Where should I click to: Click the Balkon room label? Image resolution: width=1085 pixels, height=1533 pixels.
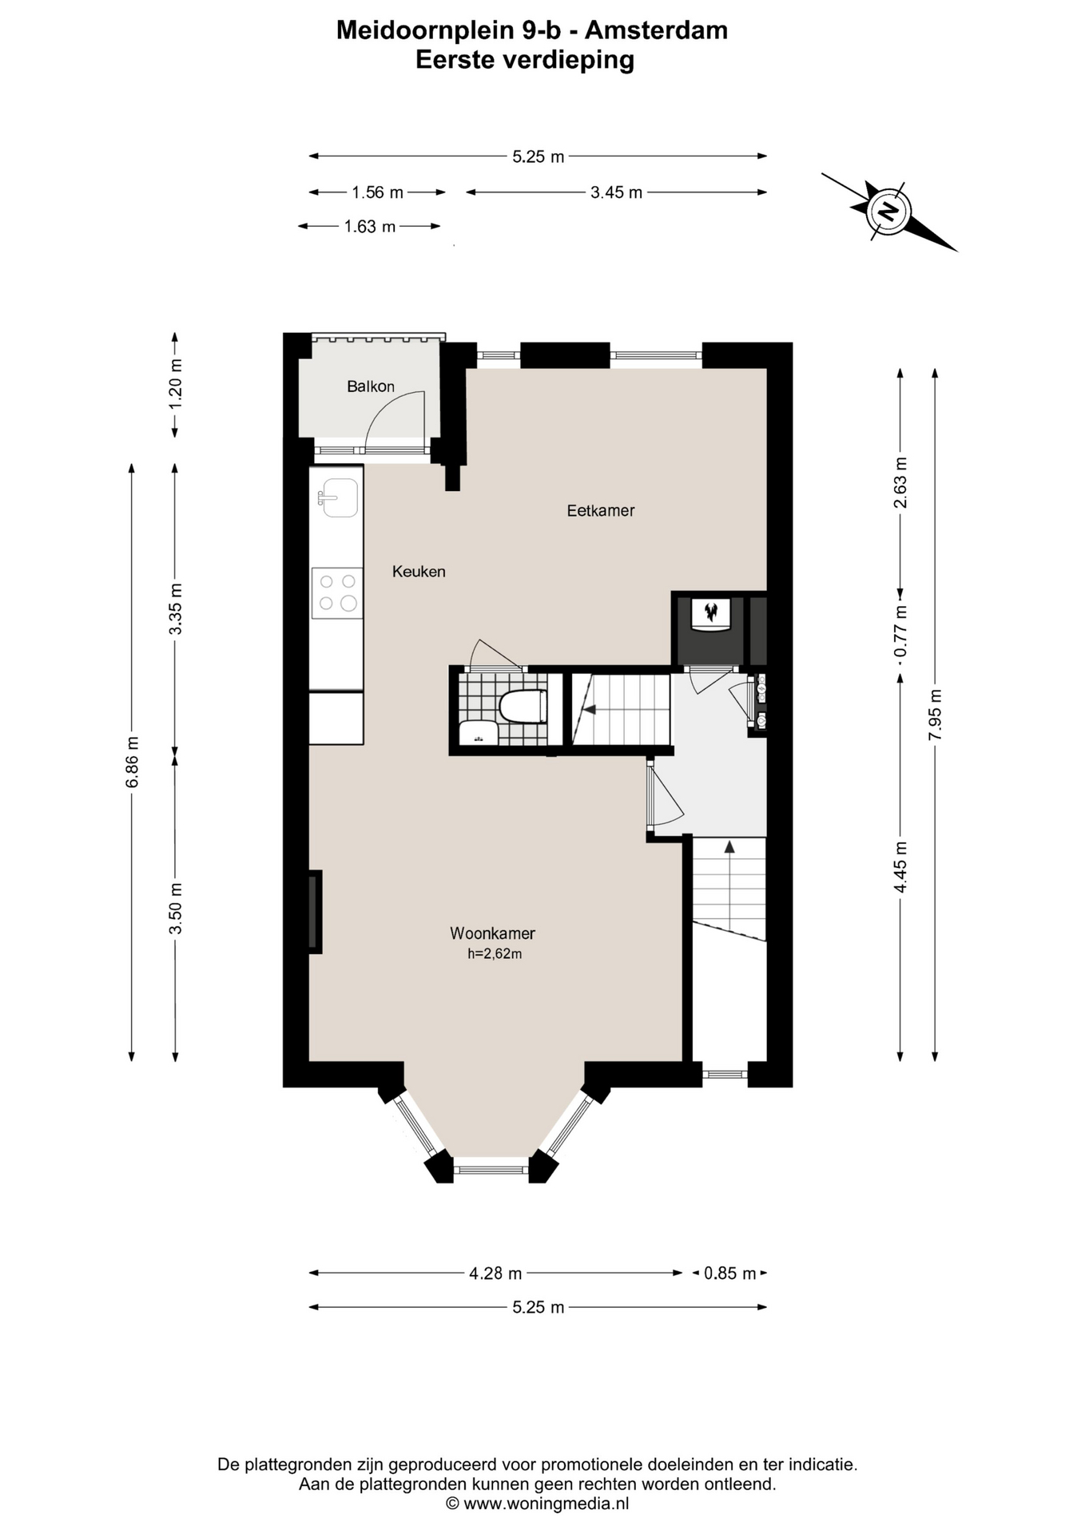point(371,386)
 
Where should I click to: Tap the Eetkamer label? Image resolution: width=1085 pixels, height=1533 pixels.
point(601,510)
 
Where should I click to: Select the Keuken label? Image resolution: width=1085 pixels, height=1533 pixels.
point(419,572)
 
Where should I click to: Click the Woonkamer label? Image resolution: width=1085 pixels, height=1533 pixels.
point(492,933)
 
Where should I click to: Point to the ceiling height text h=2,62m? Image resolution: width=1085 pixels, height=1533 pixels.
point(495,953)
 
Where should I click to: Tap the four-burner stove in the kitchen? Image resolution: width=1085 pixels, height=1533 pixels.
point(337,593)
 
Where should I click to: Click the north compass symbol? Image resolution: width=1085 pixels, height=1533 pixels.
point(888,212)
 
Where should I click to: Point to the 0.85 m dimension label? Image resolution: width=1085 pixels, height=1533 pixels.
point(729,1274)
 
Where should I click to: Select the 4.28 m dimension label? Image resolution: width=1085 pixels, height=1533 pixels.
point(495,1274)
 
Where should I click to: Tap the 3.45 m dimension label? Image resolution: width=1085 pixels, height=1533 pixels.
point(616,192)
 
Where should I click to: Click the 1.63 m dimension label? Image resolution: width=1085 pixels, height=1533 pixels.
point(370,227)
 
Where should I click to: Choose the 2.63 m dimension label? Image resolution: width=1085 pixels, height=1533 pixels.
point(901,482)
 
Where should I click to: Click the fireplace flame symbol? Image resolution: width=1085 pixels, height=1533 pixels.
point(709,613)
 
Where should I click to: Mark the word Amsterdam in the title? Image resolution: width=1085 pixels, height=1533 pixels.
point(656,30)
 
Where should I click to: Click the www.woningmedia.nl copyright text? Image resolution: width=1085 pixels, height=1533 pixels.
point(537,1503)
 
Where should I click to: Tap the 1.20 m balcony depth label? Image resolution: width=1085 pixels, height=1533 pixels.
point(176,384)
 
